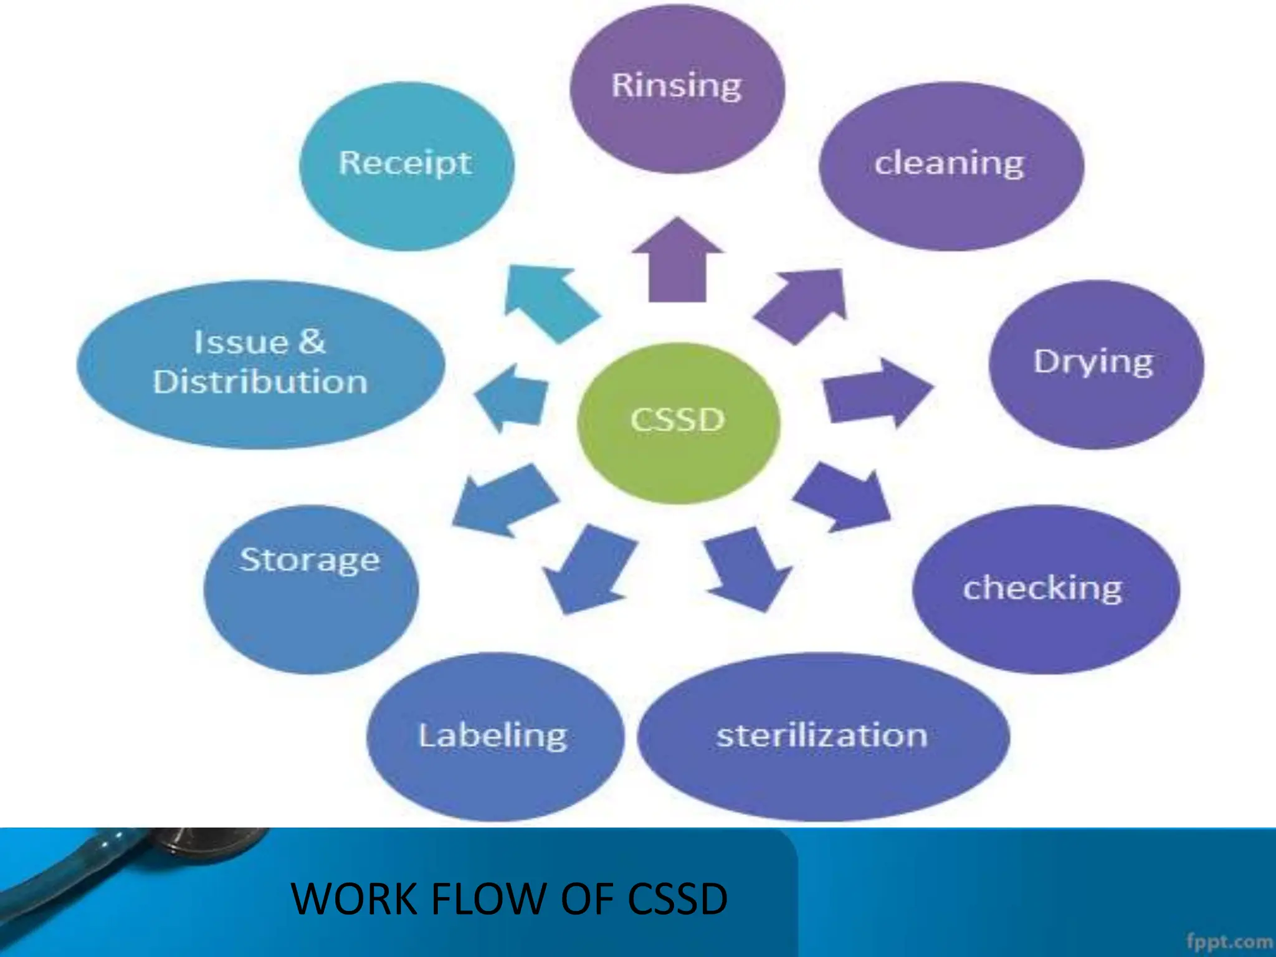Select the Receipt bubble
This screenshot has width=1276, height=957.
406,166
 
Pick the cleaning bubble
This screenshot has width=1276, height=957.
951,166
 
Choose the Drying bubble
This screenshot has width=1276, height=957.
1096,364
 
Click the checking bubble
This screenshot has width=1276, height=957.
1045,589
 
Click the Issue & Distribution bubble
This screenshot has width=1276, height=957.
260,364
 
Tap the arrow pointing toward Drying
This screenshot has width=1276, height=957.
875,393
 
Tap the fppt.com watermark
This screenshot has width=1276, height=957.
1229,940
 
